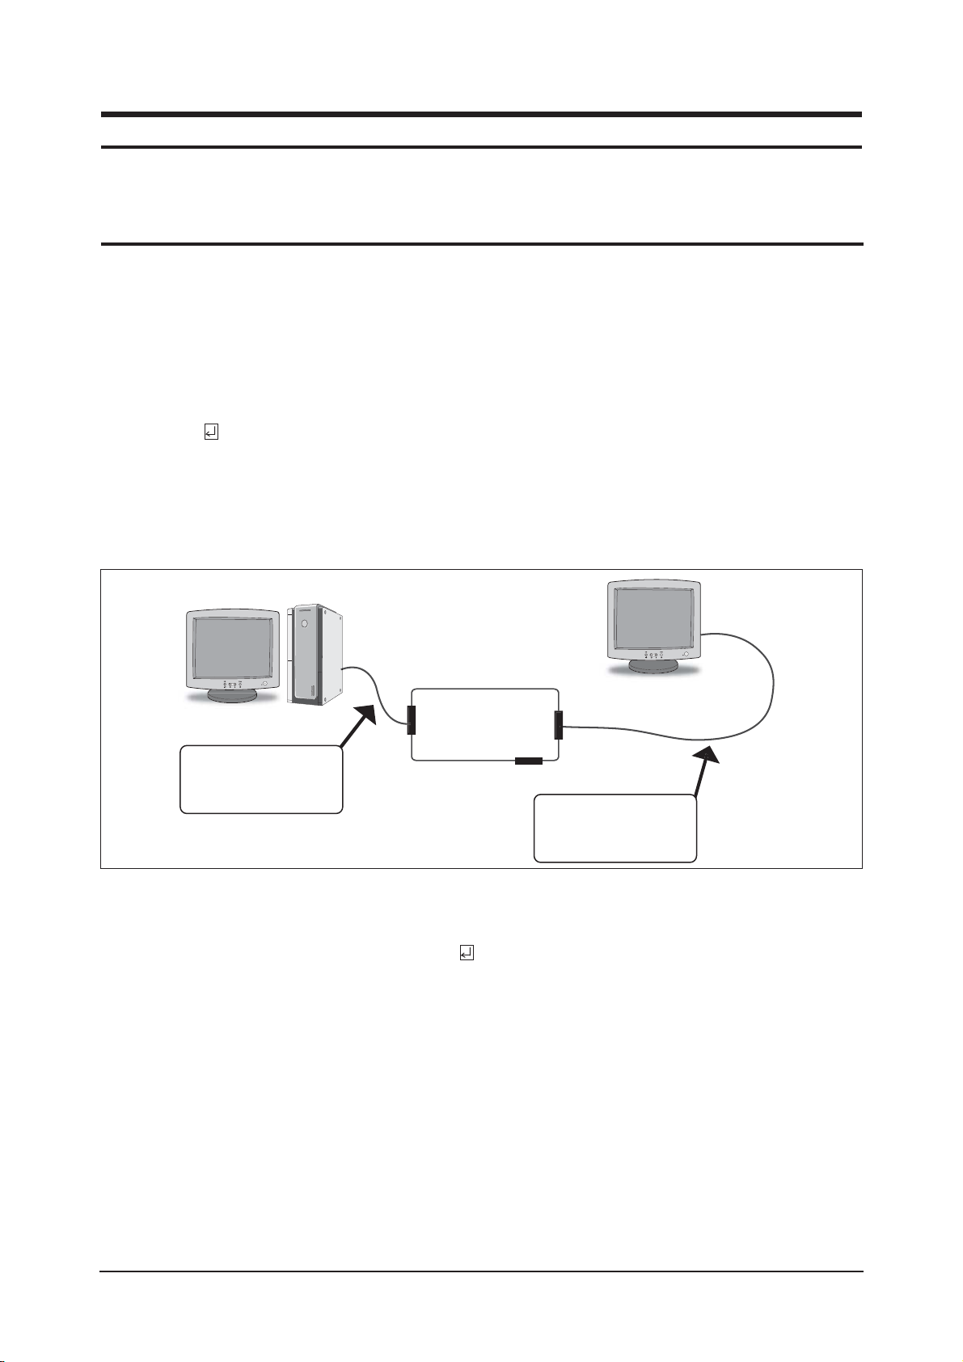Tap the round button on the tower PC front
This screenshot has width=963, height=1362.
[303, 624]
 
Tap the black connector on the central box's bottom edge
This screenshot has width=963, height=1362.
[529, 761]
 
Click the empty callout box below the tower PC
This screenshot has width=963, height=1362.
[260, 779]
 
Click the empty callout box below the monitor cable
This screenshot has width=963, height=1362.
[615, 829]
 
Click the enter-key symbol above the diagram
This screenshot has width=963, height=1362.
[210, 433]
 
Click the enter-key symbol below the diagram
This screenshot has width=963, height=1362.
[467, 953]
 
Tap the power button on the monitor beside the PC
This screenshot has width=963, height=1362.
[264, 685]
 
